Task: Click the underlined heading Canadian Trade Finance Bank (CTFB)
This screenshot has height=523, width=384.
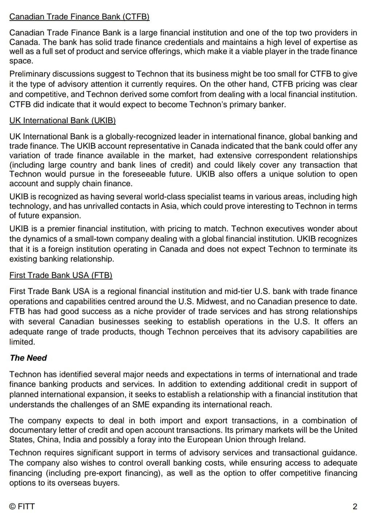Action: pyautogui.click(x=79, y=17)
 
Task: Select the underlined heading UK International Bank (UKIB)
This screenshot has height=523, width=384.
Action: pyautogui.click(x=62, y=121)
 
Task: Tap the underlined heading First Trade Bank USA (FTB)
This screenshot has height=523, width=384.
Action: pyautogui.click(x=61, y=275)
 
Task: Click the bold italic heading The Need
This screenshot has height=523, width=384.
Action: pyautogui.click(x=28, y=358)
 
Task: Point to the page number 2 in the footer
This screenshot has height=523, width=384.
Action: pyautogui.click(x=355, y=506)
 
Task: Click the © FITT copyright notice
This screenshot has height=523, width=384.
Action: pyautogui.click(x=22, y=506)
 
